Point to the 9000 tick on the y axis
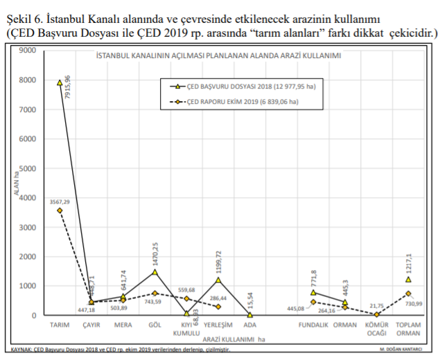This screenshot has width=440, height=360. click(27, 51)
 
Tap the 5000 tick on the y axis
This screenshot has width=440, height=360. click(27, 168)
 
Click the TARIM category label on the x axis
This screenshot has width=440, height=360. click(60, 325)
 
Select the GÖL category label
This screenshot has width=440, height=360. click(155, 325)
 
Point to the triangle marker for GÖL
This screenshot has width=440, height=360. click(155, 272)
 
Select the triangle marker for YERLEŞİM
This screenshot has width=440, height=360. click(218, 280)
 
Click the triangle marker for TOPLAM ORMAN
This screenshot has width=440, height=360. click(408, 279)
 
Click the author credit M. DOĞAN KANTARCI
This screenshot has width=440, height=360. click(403, 350)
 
